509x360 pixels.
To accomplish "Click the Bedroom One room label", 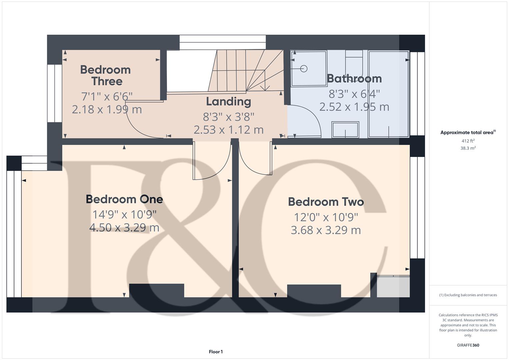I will click(124, 199).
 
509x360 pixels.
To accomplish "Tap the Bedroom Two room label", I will click(326, 202).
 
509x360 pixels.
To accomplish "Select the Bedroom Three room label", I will click(105, 75).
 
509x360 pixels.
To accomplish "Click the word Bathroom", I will click(354, 78).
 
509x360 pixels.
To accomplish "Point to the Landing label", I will click(228, 101).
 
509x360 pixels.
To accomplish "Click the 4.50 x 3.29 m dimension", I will click(124, 228).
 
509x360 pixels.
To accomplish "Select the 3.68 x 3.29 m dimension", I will click(326, 230).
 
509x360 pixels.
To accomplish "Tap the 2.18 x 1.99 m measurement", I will click(107, 109).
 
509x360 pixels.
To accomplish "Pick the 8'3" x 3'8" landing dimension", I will click(228, 117).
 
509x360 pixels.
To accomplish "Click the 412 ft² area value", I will click(468, 141).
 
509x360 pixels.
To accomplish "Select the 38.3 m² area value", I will click(468, 148).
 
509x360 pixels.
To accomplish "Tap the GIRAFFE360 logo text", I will click(468, 345).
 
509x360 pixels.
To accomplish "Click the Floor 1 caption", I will click(216, 352).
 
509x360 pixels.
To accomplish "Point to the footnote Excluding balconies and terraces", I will click(468, 295).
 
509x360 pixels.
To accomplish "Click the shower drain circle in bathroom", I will click(304, 69).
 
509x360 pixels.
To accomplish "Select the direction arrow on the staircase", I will click(265, 87).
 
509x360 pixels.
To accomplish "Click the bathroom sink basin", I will click(345, 129).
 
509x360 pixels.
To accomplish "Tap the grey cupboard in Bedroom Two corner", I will click(393, 287).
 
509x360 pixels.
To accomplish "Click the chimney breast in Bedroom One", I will click(156, 290).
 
